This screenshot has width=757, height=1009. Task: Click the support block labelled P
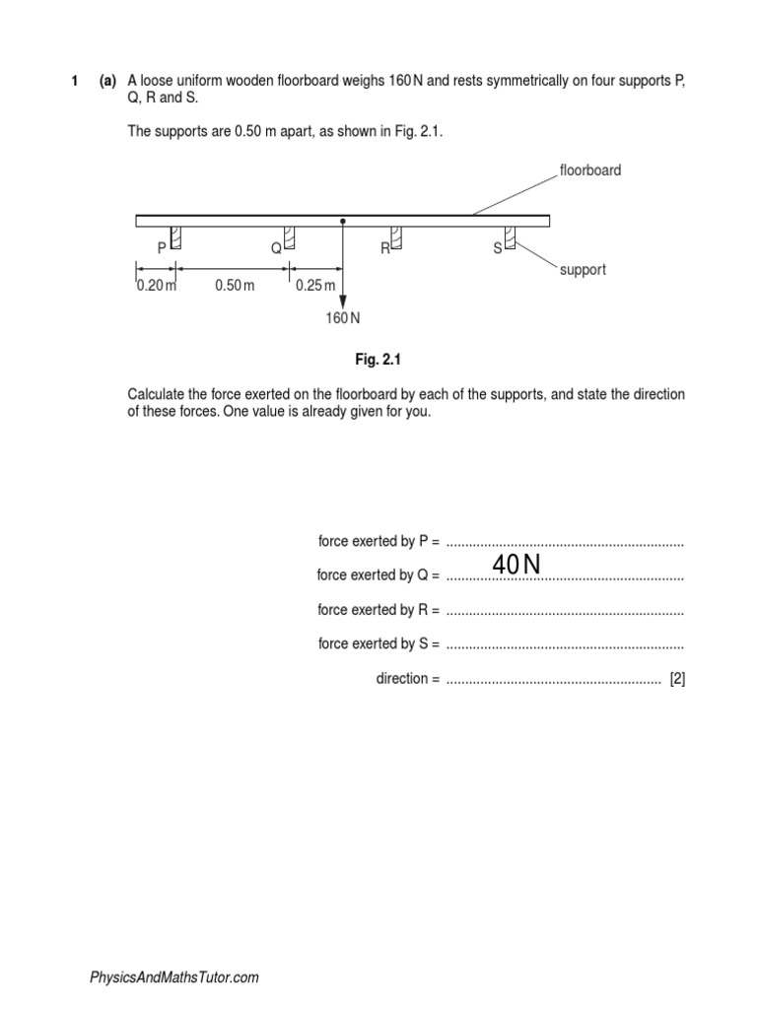click(175, 236)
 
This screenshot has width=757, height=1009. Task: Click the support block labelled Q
click(290, 236)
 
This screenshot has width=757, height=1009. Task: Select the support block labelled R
click(396, 236)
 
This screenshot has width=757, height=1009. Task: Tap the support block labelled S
click(511, 236)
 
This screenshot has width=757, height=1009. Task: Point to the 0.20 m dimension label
click(156, 286)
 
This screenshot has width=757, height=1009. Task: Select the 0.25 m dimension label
click(315, 286)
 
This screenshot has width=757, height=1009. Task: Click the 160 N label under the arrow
click(343, 318)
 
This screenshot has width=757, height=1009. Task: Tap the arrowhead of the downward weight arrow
click(342, 299)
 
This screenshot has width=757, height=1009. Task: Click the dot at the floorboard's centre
click(342, 222)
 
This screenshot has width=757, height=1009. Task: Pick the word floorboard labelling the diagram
click(590, 170)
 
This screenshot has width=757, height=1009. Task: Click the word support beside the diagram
click(583, 270)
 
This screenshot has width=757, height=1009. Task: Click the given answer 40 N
click(517, 565)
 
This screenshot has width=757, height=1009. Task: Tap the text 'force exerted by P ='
click(378, 541)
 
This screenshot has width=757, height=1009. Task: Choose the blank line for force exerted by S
click(564, 645)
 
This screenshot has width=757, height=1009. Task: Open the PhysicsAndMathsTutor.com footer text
click(174, 977)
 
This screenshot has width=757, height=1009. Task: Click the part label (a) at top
click(107, 82)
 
